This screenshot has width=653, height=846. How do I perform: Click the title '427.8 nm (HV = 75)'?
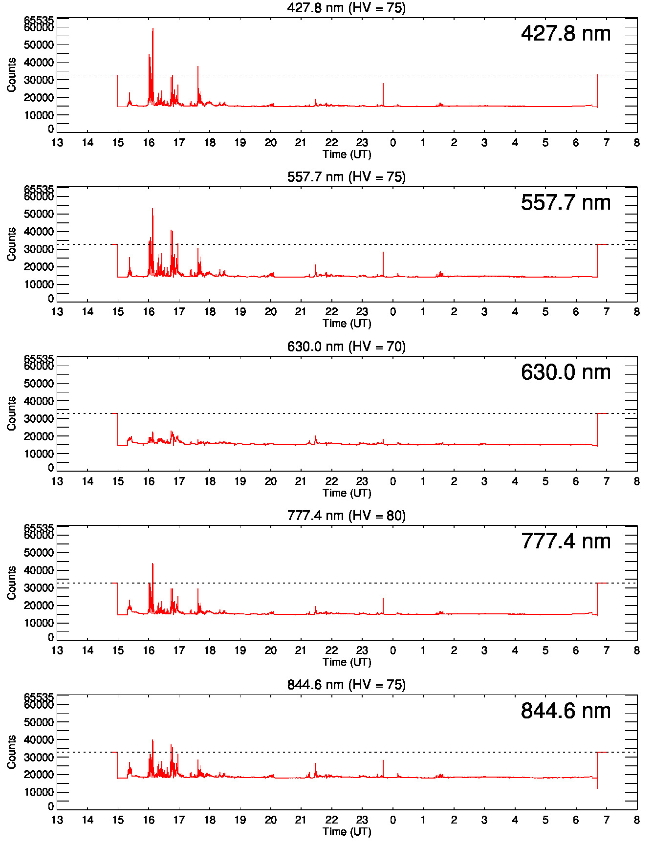click(x=346, y=8)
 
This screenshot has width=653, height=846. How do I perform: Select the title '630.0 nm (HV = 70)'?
click(x=346, y=347)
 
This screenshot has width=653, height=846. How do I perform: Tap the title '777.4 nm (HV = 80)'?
click(x=346, y=516)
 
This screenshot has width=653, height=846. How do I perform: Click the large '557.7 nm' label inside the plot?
click(x=566, y=203)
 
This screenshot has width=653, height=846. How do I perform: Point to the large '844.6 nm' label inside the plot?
click(x=566, y=711)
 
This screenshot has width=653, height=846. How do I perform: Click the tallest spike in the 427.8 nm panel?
click(x=152, y=29)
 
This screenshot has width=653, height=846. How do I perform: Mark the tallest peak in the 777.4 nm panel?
click(x=152, y=564)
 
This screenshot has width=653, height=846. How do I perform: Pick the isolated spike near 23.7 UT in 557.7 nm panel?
click(x=383, y=253)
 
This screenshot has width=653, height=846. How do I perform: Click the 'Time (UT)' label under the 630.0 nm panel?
click(x=347, y=493)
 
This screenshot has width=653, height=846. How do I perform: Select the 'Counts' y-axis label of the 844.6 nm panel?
click(x=12, y=752)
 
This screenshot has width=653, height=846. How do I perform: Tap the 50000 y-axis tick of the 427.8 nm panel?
click(x=39, y=45)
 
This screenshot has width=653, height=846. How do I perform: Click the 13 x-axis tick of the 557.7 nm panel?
click(x=57, y=312)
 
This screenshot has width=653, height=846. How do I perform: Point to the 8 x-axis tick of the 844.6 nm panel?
click(x=636, y=820)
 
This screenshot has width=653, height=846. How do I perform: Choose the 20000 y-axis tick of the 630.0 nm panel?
click(x=39, y=436)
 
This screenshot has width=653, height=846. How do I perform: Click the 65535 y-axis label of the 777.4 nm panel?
click(x=39, y=528)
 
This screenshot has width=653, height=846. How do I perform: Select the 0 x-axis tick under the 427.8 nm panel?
click(x=392, y=143)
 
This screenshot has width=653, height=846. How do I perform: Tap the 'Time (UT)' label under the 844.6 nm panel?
click(x=347, y=831)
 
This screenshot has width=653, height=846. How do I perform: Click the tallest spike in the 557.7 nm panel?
click(x=152, y=210)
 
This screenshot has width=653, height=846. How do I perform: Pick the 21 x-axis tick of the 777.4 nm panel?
click(x=301, y=651)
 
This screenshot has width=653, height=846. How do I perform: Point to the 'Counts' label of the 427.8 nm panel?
click(x=12, y=75)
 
